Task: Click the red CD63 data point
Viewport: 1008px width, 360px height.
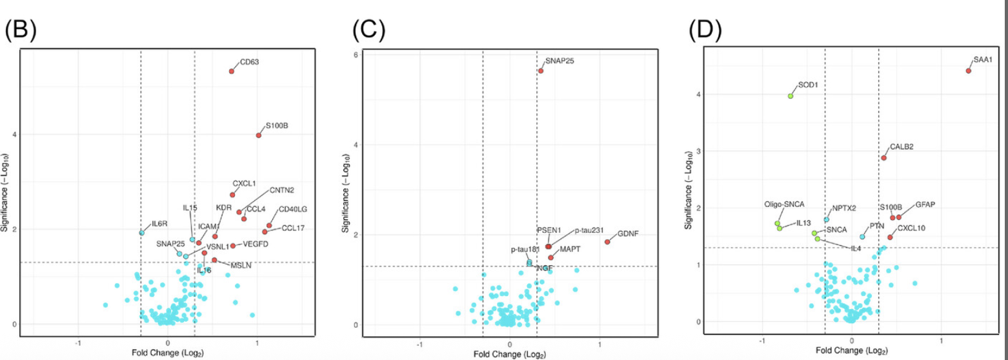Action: (x=232, y=71)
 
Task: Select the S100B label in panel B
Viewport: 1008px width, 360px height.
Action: (x=276, y=125)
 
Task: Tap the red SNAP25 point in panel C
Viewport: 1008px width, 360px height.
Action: (x=541, y=71)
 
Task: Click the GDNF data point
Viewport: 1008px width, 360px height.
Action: (x=607, y=242)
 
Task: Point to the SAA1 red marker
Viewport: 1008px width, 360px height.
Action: (x=969, y=70)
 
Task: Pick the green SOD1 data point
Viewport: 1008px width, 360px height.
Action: (x=790, y=96)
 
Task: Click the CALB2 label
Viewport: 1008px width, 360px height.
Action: (x=902, y=146)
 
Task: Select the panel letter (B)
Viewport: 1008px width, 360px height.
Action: (x=21, y=30)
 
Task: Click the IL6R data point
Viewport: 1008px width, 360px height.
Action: (x=142, y=233)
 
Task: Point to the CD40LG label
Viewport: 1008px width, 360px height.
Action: (x=293, y=210)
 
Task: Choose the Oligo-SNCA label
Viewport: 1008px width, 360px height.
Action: (x=784, y=205)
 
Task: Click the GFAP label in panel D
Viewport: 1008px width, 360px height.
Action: (x=925, y=205)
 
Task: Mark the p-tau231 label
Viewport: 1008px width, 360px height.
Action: (x=589, y=230)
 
